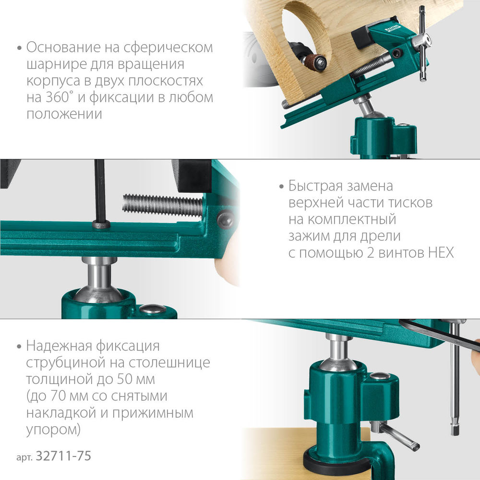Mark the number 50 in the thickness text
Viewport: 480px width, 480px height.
pos(126,379)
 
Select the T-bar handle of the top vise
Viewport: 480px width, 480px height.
pos(422,43)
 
